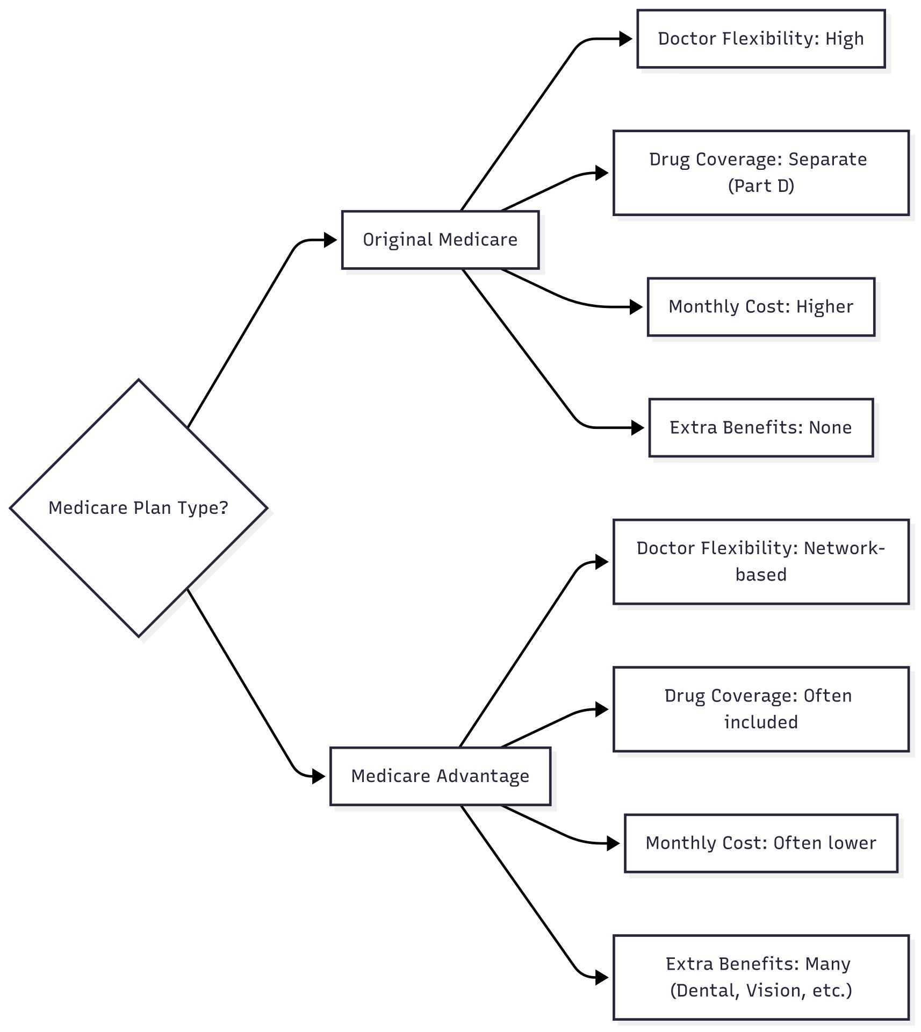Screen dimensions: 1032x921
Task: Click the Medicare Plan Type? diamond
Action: pos(139,508)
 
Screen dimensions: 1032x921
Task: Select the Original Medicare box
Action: pos(440,240)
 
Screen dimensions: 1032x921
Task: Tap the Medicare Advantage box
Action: pos(440,776)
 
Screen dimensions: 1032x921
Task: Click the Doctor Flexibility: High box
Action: pos(761,39)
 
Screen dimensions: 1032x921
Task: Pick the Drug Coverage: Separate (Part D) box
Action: pos(761,173)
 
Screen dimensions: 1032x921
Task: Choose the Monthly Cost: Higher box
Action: pos(761,307)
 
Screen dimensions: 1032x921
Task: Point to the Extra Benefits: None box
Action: pos(761,428)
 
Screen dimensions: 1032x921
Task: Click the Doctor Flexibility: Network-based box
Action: pos(761,562)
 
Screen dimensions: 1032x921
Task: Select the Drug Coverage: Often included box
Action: pos(761,709)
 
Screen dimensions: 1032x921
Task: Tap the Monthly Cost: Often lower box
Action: pos(761,843)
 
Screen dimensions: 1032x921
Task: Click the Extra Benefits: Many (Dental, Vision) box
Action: pos(761,977)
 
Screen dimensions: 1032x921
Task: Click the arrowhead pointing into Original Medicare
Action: pos(330,240)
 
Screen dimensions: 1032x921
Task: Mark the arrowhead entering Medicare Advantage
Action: pos(319,776)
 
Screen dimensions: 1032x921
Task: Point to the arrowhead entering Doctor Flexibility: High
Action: pos(625,39)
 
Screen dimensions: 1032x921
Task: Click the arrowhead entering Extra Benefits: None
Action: pos(637,428)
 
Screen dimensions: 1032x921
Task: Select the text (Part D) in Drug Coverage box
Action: pos(761,186)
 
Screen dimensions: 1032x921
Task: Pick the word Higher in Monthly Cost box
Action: pos(824,307)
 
